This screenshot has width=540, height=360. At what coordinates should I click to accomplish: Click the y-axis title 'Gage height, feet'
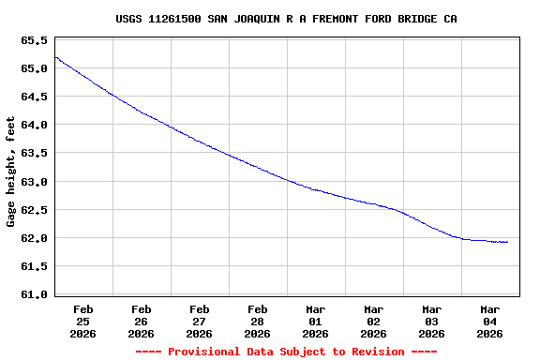11,172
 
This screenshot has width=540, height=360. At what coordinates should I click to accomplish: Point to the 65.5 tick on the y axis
34,41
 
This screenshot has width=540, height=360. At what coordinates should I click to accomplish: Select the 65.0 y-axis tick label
34,69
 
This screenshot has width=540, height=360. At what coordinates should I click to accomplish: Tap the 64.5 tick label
34,97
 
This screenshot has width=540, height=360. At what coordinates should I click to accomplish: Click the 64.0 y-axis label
34,126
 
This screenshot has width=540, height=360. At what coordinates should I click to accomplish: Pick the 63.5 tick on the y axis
34,154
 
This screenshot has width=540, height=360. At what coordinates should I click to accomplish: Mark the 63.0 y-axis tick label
34,182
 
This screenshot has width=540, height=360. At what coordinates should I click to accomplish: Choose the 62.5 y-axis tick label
34,210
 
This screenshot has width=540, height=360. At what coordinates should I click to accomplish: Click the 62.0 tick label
34,238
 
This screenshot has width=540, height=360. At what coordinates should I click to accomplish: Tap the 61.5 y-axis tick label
34,266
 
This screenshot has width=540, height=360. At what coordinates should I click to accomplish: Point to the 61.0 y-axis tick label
34,294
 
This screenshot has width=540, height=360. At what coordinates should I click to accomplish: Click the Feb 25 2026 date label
82,321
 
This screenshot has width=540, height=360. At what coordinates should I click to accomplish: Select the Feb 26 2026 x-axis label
141,321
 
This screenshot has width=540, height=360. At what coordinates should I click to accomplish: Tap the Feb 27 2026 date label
199,321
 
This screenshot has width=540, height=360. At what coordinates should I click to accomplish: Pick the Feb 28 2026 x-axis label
257,321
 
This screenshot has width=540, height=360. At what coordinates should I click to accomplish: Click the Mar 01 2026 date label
315,321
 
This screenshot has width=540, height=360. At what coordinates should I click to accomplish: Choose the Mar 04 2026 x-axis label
489,321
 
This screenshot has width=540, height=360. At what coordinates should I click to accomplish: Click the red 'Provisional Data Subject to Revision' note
286,352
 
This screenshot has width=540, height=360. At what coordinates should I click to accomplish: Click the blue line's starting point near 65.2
55,57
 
